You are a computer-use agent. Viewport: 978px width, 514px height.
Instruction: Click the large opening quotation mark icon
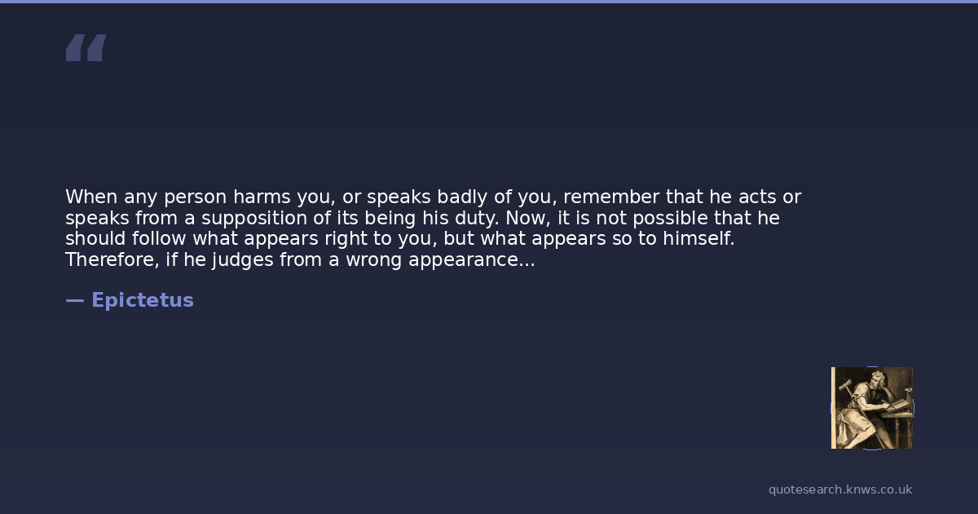click(x=86, y=47)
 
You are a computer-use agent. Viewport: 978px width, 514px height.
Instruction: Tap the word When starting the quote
click(x=91, y=197)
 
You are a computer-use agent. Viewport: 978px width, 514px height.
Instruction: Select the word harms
click(x=262, y=197)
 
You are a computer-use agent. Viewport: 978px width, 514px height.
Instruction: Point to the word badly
click(x=462, y=198)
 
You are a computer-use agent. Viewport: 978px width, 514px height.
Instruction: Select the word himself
click(x=698, y=238)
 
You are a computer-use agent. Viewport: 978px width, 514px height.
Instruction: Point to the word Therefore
click(x=112, y=259)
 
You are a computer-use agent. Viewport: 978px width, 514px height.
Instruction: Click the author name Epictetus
click(x=143, y=300)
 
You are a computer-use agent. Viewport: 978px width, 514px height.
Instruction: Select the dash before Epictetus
click(x=75, y=300)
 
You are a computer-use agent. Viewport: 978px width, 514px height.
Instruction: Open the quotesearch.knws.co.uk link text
click(x=840, y=490)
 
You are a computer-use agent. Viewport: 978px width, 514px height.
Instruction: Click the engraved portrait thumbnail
click(x=872, y=408)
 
